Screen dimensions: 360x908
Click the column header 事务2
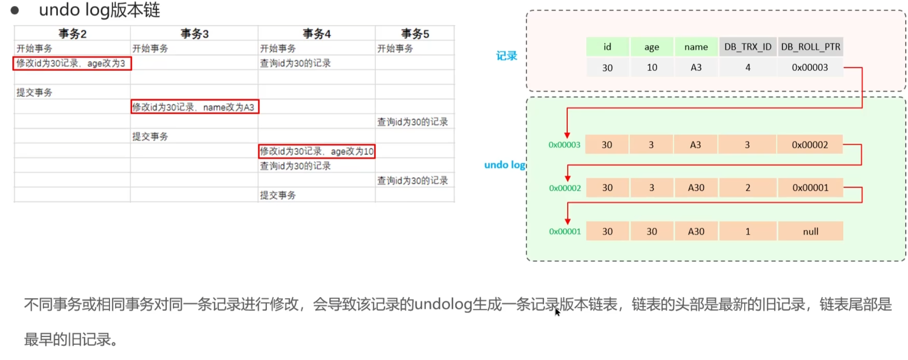72,34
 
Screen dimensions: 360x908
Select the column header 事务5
415,34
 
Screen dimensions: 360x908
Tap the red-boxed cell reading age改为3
72,63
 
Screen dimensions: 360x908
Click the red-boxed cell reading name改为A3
194,107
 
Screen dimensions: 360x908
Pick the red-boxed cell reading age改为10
316,151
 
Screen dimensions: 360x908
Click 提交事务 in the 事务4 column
278,195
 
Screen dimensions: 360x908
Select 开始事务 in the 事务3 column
150,49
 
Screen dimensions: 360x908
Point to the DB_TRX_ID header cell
748,47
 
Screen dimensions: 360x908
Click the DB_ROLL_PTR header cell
810,47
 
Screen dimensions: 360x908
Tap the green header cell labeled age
651,47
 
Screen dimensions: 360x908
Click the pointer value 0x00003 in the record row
810,68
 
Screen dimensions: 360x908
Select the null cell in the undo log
810,232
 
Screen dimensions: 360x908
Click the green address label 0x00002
564,188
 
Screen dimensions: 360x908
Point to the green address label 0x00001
564,232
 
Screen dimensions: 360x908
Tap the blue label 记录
507,56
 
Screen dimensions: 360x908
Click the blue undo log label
505,165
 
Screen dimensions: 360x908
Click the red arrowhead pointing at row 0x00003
567,135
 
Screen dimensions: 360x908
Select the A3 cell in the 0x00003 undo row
695,145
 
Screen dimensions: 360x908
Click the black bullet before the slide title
15,10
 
